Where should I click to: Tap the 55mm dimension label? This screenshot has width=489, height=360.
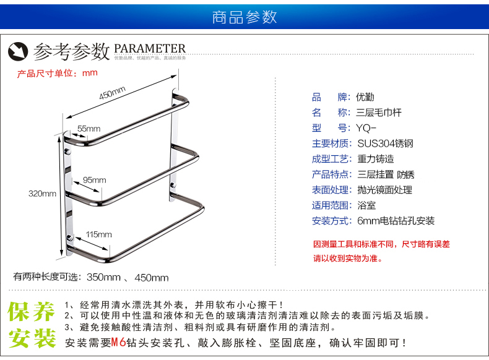click(x=89, y=129)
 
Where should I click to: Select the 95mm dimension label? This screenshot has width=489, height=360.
click(x=94, y=180)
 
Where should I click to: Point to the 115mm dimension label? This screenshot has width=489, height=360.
click(x=98, y=234)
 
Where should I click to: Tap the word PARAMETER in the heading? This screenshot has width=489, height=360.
click(x=150, y=48)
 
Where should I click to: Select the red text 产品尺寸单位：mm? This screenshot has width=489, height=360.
click(x=58, y=73)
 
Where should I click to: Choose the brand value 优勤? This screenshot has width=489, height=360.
click(x=365, y=97)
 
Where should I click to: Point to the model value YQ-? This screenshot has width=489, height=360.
click(x=366, y=128)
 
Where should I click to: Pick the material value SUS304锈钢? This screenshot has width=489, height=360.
click(x=385, y=144)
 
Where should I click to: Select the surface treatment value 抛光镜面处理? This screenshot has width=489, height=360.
click(x=384, y=190)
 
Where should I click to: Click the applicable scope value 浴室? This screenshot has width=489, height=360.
click(x=366, y=205)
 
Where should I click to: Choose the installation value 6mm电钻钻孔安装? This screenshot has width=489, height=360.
click(x=396, y=221)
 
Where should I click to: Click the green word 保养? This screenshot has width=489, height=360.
click(x=32, y=312)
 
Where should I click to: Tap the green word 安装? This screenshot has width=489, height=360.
click(x=32, y=338)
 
